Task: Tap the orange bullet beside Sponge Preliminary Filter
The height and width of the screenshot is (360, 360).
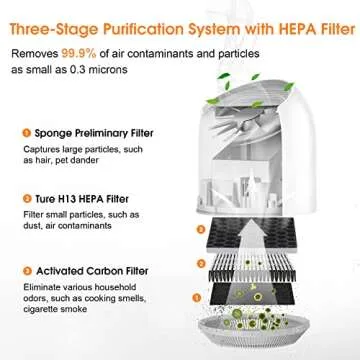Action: [21, 132]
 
